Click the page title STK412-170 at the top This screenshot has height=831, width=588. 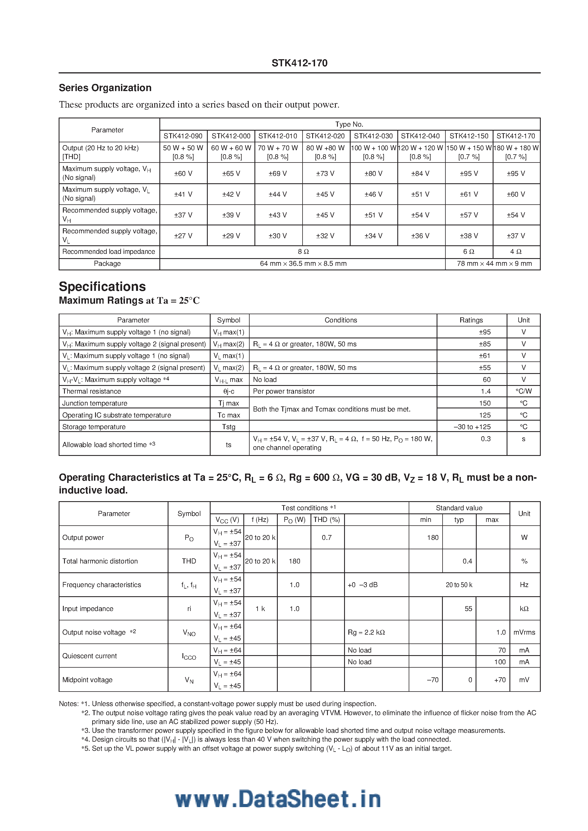(x=299, y=63)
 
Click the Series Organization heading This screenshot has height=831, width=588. (x=105, y=88)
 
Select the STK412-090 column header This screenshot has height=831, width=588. (x=183, y=136)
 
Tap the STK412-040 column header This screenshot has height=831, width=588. (x=420, y=136)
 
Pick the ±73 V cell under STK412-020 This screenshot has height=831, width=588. (x=325, y=173)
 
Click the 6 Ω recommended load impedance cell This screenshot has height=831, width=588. (x=468, y=252)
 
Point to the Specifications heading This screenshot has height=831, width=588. (x=102, y=286)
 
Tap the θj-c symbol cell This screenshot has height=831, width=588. (x=229, y=391)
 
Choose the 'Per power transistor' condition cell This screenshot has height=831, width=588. (x=284, y=391)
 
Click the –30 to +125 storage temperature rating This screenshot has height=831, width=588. (x=472, y=427)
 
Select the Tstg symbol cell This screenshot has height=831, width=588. (x=229, y=427)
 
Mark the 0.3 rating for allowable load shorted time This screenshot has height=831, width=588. (x=486, y=439)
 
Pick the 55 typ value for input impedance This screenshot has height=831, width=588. (x=468, y=609)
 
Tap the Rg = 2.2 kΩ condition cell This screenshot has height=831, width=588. (x=366, y=632)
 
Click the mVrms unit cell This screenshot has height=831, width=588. (x=524, y=632)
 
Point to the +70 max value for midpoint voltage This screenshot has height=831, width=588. (x=500, y=680)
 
